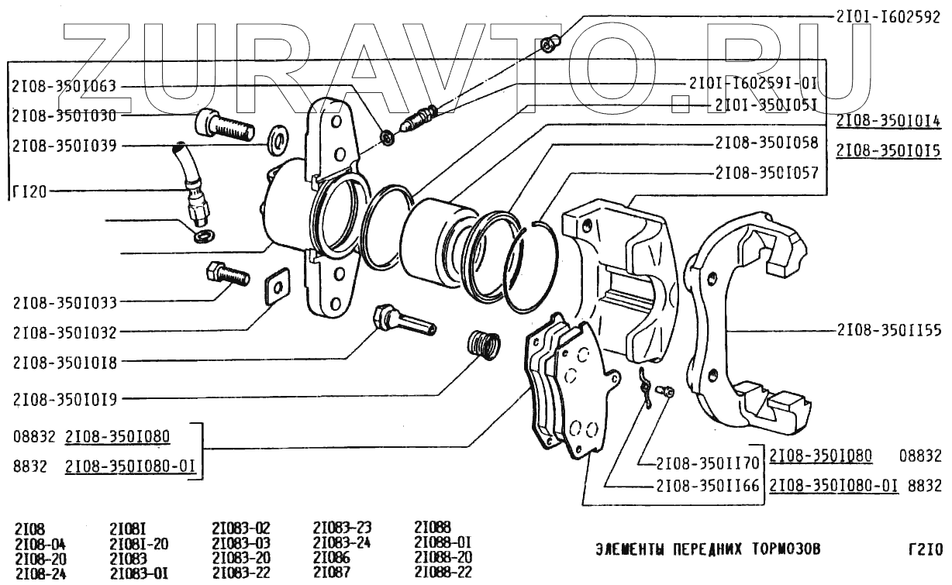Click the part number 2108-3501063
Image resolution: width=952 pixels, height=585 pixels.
(64, 86)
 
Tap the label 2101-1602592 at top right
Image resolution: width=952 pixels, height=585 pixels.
(888, 17)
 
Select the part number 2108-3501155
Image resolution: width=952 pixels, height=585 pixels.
(889, 330)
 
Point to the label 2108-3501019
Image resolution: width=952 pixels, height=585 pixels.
(65, 399)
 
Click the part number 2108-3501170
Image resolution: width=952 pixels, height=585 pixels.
(708, 463)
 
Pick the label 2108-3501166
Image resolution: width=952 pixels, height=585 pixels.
(708, 486)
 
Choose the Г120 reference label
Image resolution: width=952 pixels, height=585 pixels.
(29, 192)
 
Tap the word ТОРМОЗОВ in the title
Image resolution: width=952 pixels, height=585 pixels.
(786, 549)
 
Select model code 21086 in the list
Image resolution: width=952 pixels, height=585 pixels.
(332, 557)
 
